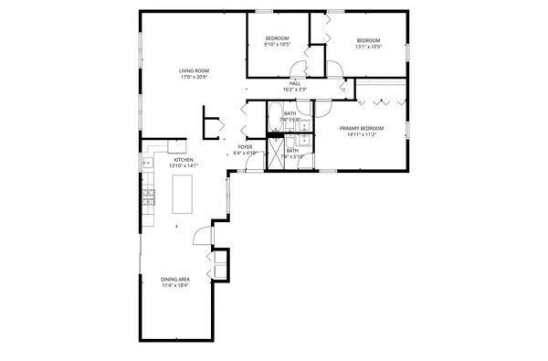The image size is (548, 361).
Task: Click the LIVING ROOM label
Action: [x=194, y=70]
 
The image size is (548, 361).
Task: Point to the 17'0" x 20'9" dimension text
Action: [x=194, y=77]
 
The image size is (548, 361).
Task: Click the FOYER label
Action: [x=245, y=146]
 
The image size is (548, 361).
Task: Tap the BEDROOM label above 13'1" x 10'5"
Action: [x=368, y=40]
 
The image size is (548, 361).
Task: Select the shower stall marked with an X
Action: [x=272, y=154]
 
